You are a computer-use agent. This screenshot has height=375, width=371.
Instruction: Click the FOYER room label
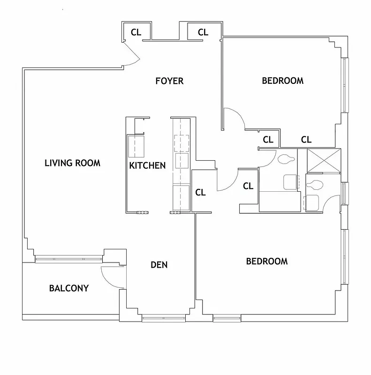169,81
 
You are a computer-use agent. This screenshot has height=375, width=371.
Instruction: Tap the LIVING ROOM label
72,163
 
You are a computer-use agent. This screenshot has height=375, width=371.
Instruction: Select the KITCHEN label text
147,165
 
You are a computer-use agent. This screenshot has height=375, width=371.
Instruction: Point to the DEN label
159,265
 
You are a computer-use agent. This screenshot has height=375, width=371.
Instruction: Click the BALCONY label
68,288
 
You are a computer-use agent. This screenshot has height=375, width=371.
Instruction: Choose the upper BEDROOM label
282,81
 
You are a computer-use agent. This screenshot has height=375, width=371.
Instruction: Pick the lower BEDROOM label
267,261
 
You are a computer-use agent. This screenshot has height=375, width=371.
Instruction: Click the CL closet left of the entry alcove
136,32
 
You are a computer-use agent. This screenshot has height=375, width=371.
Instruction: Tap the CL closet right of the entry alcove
203,32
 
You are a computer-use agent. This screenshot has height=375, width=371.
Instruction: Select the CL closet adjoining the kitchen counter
200,192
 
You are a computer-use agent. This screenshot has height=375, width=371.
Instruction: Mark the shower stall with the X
323,160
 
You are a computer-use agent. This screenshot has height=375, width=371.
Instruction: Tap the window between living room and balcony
69,257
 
